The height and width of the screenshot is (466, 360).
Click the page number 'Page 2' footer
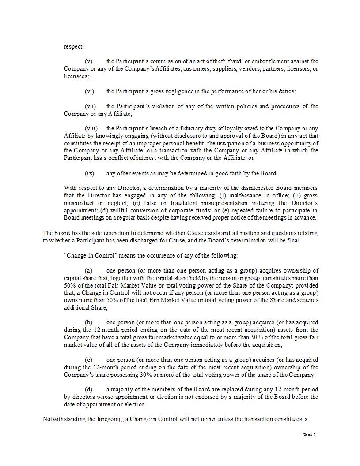(x=309, y=435)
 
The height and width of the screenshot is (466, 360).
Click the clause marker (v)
(x=88, y=61)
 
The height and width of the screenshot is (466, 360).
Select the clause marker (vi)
(x=89, y=91)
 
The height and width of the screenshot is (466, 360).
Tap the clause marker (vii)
(x=90, y=106)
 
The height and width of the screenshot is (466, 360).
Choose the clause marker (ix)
(x=89, y=174)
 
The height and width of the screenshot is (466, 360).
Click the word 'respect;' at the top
(x=74, y=46)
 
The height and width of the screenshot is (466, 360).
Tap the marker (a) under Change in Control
(x=88, y=271)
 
